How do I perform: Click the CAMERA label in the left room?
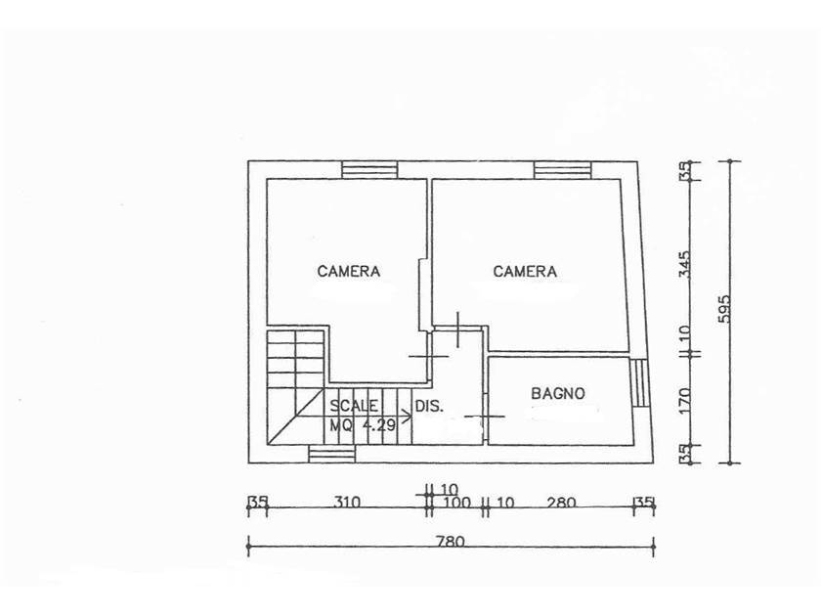348,272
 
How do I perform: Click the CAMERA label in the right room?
525,272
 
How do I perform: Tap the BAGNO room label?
558,393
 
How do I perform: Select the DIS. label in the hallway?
429,406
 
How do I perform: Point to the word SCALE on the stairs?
354,406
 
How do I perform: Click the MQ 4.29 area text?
363,424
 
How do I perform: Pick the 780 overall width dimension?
451,541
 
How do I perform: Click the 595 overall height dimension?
723,309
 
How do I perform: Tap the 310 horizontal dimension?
347,503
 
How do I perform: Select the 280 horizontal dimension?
561,503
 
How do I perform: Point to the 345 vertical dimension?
684,265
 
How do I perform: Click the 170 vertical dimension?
684,401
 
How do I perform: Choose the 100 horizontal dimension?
456,503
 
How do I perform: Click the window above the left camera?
369,170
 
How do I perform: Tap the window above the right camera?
562,170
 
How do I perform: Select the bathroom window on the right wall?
639,383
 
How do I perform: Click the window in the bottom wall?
332,454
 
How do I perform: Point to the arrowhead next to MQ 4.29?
406,417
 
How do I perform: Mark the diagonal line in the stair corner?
295,417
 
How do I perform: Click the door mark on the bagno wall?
485,417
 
